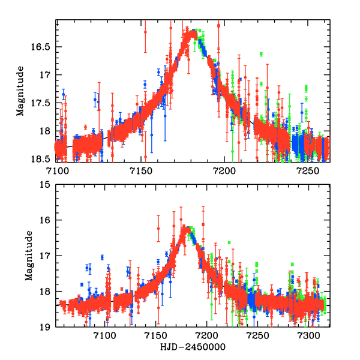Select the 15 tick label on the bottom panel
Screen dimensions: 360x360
click(46, 185)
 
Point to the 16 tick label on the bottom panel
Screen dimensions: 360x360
click(46, 220)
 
